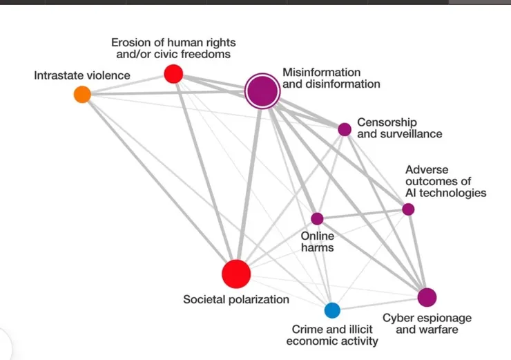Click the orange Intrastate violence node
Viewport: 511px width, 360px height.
pos(82,95)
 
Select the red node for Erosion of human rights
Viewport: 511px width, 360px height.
pos(173,73)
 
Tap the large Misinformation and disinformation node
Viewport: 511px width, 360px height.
pos(262,91)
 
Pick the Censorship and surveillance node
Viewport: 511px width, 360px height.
pos(345,129)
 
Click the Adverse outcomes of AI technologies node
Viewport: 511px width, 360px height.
pos(408,209)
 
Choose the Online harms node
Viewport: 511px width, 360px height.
pos(317,218)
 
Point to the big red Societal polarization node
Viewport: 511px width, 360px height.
pos(236,273)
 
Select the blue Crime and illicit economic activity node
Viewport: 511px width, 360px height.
pos(332,310)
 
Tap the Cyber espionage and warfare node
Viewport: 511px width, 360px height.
pos(427,297)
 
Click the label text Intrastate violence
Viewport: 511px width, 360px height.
pos(81,75)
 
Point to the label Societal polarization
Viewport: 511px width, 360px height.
pos(236,300)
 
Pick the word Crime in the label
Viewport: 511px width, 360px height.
pos(307,329)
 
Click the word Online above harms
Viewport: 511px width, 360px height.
pos(318,236)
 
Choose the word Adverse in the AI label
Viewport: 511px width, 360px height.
pos(427,169)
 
